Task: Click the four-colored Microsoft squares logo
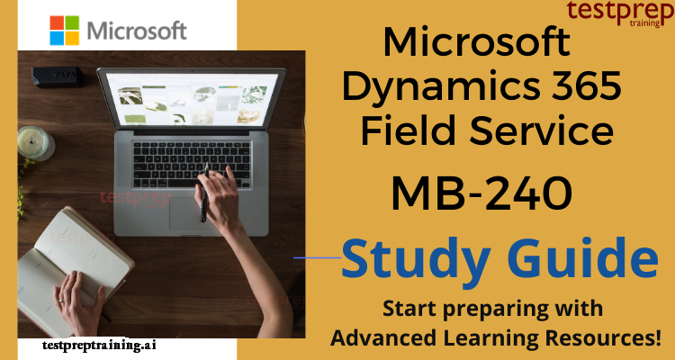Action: pyautogui.click(x=65, y=30)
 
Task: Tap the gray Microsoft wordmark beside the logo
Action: pyautogui.click(x=137, y=31)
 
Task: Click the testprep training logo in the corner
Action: pyautogui.click(x=620, y=13)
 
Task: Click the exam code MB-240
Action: pyautogui.click(x=481, y=193)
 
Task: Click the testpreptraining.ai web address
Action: pyautogui.click(x=99, y=345)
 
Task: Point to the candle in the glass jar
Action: pyautogui.click(x=36, y=144)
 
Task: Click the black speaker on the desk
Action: pyautogui.click(x=58, y=77)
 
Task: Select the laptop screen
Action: pyautogui.click(x=192, y=100)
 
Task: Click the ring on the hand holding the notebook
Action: pyautogui.click(x=61, y=301)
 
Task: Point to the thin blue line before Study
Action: pyautogui.click(x=318, y=258)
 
